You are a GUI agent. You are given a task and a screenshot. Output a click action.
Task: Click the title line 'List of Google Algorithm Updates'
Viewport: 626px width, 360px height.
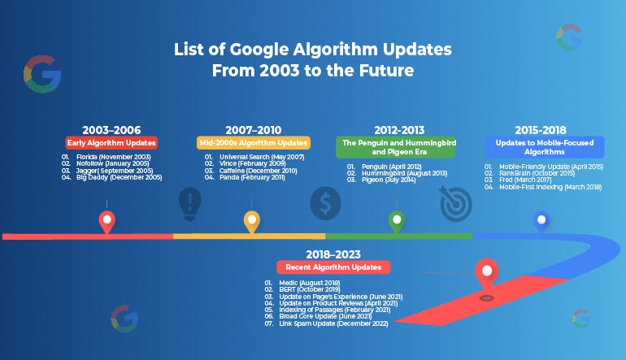tap(313, 50)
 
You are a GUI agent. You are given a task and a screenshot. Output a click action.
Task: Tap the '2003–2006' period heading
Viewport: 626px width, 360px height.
tap(111, 128)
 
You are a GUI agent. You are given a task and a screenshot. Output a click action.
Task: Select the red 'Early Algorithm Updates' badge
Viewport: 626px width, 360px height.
tap(111, 142)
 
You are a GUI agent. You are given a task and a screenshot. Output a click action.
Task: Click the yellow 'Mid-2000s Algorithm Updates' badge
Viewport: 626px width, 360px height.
tap(253, 142)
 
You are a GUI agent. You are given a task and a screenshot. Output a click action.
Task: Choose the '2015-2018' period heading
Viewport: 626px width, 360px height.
tap(540, 128)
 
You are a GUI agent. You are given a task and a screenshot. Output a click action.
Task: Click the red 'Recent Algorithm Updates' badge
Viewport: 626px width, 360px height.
tap(333, 267)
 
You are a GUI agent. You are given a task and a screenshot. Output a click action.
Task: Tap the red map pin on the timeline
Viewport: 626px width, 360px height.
tap(106, 220)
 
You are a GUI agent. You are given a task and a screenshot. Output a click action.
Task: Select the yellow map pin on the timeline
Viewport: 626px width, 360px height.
tap(252, 220)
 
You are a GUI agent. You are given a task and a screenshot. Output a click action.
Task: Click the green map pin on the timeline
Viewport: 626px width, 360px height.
tap(397, 220)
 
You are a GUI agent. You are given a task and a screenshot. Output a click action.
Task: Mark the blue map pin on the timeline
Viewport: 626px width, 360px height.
tap(541, 220)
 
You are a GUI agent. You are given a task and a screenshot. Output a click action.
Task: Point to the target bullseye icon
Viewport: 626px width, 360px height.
tap(454, 204)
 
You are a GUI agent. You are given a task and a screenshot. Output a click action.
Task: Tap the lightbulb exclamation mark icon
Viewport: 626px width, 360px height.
tap(190, 202)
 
